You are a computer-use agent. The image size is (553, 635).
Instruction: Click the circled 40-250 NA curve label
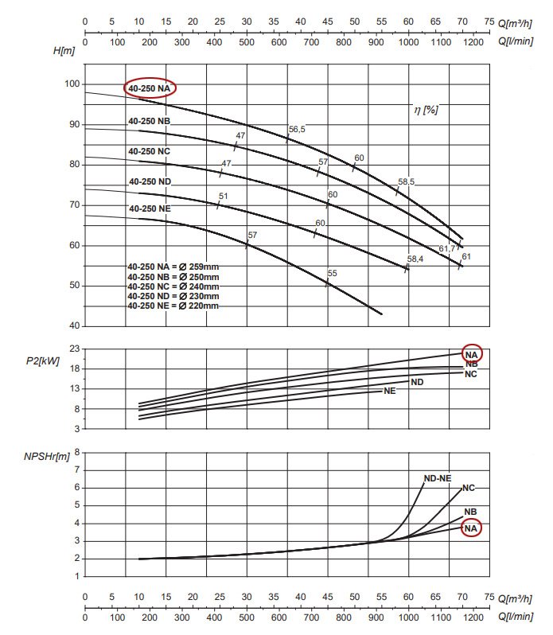(x=150, y=88)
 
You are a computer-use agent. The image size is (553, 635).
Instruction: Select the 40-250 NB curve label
(x=150, y=121)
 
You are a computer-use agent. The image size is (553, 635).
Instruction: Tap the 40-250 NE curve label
(x=150, y=208)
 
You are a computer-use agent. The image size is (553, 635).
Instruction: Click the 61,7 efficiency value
(x=448, y=249)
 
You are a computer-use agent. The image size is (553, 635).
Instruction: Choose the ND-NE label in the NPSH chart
(x=437, y=478)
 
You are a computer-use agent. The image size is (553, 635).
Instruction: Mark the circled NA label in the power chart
(x=471, y=353)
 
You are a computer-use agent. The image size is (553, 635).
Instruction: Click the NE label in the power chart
(x=390, y=391)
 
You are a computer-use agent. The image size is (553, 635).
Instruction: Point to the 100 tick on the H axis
(x=72, y=84)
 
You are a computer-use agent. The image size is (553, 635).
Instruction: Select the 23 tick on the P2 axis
(x=74, y=349)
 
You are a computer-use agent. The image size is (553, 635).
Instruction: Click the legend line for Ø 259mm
(x=173, y=267)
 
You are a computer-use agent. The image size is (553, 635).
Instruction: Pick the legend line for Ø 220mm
(x=173, y=306)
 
